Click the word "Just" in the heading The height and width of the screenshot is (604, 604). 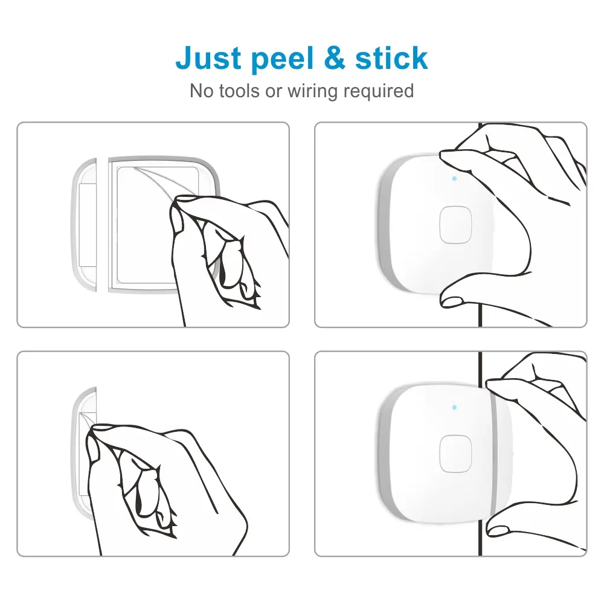pyautogui.click(x=208, y=58)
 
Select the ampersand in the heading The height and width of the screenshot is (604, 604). pyautogui.click(x=335, y=58)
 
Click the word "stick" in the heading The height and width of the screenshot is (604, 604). pyautogui.click(x=391, y=58)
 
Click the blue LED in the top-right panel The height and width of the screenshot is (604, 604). pyautogui.click(x=455, y=179)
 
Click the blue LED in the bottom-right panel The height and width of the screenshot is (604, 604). pyautogui.click(x=455, y=407)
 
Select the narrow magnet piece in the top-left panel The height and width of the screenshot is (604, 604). pyautogui.click(x=84, y=225)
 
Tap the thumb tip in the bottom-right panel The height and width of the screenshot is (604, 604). pyautogui.click(x=497, y=531)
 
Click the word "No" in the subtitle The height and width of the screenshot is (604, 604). pyautogui.click(x=202, y=91)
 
